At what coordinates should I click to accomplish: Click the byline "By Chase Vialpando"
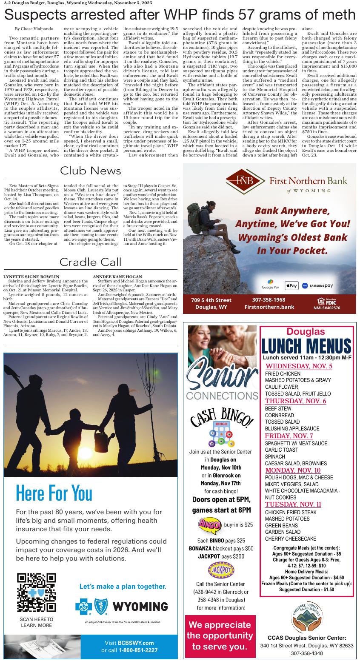[34, 28]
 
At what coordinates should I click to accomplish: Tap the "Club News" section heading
[91, 171]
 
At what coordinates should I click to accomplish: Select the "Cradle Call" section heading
[91, 262]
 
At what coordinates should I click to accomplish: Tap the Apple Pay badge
[291, 285]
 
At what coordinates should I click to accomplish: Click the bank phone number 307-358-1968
[269, 300]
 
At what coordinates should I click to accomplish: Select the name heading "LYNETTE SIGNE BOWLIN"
[31, 277]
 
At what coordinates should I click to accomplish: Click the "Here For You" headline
[54, 493]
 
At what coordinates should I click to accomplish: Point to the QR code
[37, 592]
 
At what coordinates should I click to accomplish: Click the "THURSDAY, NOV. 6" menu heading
[295, 401]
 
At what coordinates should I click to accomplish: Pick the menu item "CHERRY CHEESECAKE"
[291, 538]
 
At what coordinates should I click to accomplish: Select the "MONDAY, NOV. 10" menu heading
[293, 470]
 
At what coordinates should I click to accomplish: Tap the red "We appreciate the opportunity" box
[220, 635]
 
